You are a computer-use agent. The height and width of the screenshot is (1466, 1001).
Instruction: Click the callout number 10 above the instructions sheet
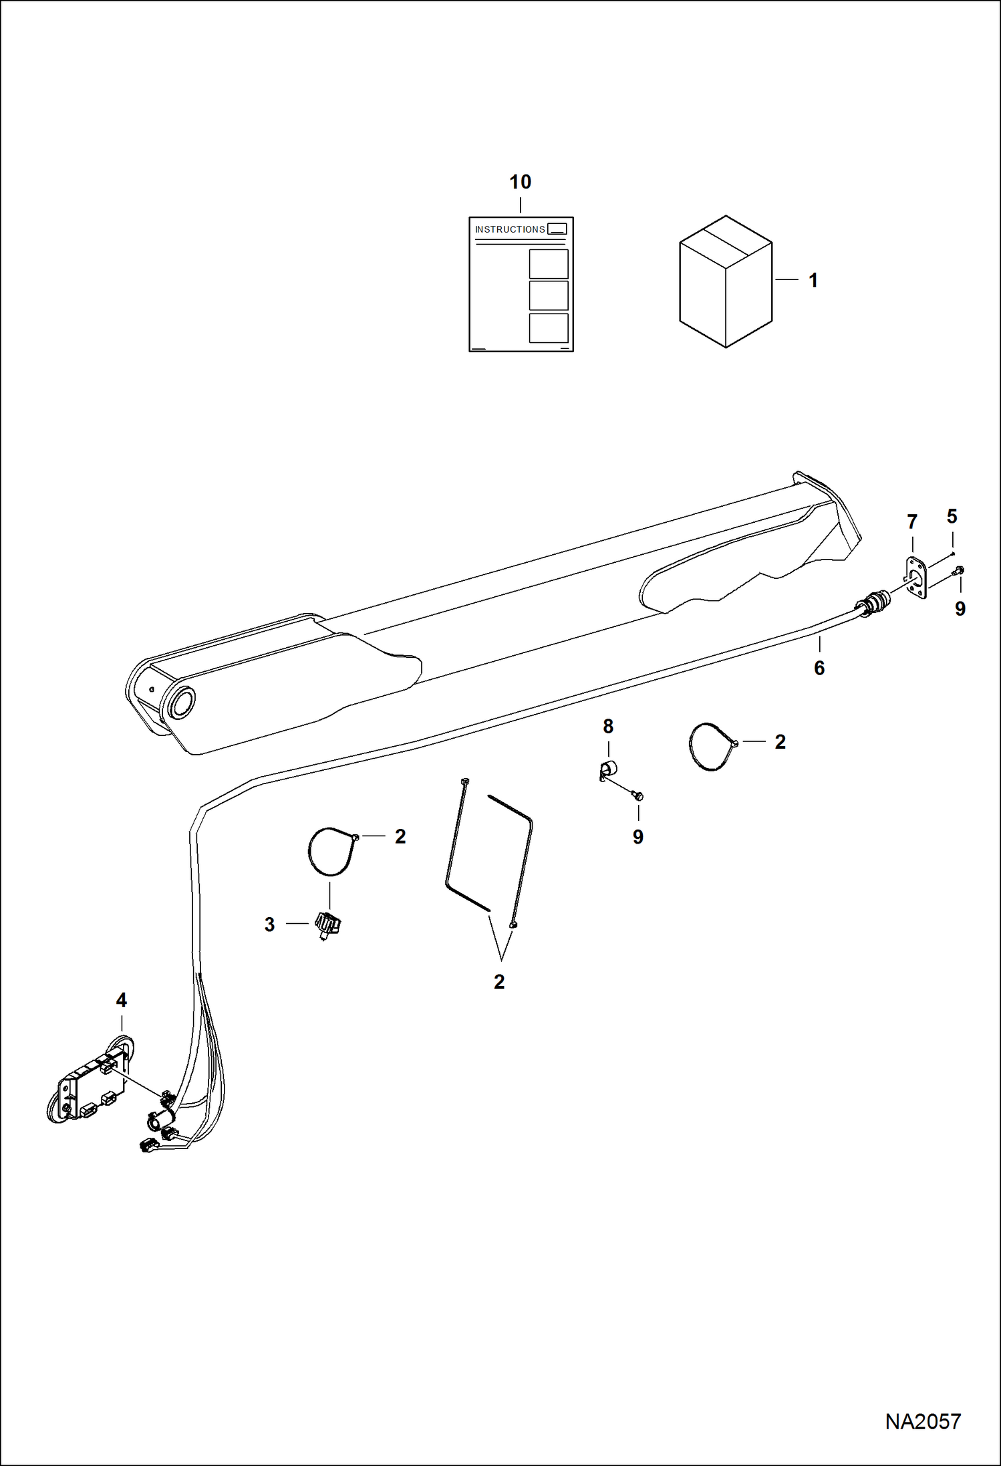point(520,182)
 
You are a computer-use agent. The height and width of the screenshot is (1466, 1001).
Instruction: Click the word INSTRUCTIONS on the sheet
point(510,229)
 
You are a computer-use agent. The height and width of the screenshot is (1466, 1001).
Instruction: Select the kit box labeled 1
point(726,281)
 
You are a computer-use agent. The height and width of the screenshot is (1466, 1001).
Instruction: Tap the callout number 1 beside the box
point(813,280)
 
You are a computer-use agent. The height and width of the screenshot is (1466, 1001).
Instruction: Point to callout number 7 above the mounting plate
point(912,521)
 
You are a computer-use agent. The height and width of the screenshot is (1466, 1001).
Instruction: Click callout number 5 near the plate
point(952,516)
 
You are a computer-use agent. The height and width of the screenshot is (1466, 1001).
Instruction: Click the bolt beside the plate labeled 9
point(960,570)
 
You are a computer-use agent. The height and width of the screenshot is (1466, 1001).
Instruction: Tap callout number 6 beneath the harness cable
point(819,668)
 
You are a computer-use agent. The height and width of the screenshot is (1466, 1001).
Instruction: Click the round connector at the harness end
point(875,602)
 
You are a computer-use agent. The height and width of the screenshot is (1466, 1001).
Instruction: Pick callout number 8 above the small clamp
point(608,726)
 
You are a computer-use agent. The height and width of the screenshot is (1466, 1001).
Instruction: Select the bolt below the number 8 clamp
point(637,796)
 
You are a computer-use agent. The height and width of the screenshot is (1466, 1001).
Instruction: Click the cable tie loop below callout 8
point(711,747)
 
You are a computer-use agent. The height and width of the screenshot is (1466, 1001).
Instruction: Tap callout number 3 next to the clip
point(269,925)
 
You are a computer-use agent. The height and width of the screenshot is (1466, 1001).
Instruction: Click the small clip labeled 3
point(327,925)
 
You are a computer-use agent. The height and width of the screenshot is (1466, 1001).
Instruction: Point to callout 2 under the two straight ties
point(499,981)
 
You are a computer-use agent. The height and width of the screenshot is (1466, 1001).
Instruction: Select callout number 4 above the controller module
point(121,1000)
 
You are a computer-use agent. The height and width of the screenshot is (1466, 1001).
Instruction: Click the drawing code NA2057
point(922,1421)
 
